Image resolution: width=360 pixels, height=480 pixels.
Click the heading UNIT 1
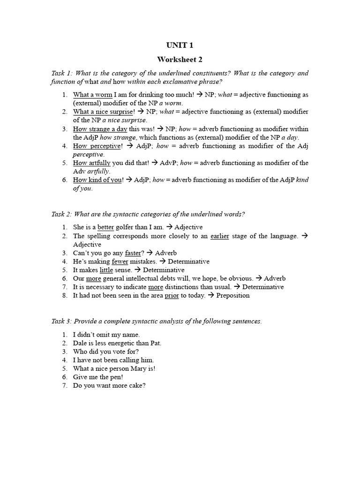pyautogui.click(x=180, y=45)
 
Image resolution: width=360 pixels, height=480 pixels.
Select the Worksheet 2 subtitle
pyautogui.click(x=180, y=60)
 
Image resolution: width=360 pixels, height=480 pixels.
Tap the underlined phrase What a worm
pyautogui.click(x=92, y=95)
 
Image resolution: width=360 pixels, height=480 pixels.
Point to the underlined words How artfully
pyautogui.click(x=92, y=163)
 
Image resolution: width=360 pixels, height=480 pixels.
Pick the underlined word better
pyautogui.click(x=106, y=227)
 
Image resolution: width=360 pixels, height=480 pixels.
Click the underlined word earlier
pyautogui.click(x=219, y=236)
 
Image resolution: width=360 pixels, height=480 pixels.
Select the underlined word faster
pyautogui.click(x=133, y=253)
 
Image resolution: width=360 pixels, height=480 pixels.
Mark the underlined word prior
pyautogui.click(x=172, y=296)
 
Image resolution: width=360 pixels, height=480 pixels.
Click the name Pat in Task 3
pyautogui.click(x=156, y=343)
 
